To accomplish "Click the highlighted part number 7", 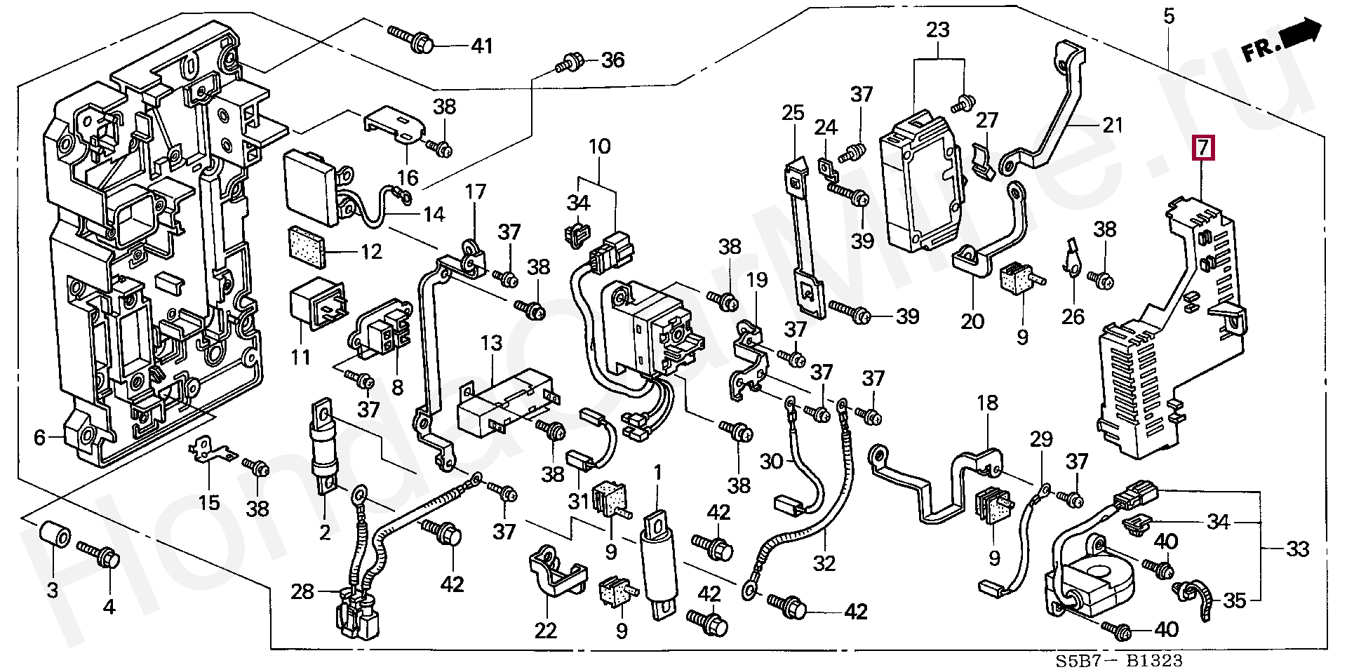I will pyautogui.click(x=1203, y=149).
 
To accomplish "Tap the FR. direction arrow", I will pyautogui.click(x=1280, y=43).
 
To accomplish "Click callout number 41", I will pyautogui.click(x=481, y=46).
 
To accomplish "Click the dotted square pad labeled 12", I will pyautogui.click(x=307, y=248).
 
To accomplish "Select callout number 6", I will pyautogui.click(x=39, y=438).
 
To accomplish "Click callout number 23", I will pyautogui.click(x=937, y=30).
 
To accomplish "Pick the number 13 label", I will pyautogui.click(x=491, y=344).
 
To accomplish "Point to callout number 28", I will pyautogui.click(x=302, y=592).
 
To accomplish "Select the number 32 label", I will pyautogui.click(x=824, y=563).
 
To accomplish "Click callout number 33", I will pyautogui.click(x=1298, y=549).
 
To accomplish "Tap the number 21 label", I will pyautogui.click(x=1113, y=126).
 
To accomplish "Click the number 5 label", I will pyautogui.click(x=1168, y=16).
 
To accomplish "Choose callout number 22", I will pyautogui.click(x=545, y=631).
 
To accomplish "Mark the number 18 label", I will pyautogui.click(x=986, y=403).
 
